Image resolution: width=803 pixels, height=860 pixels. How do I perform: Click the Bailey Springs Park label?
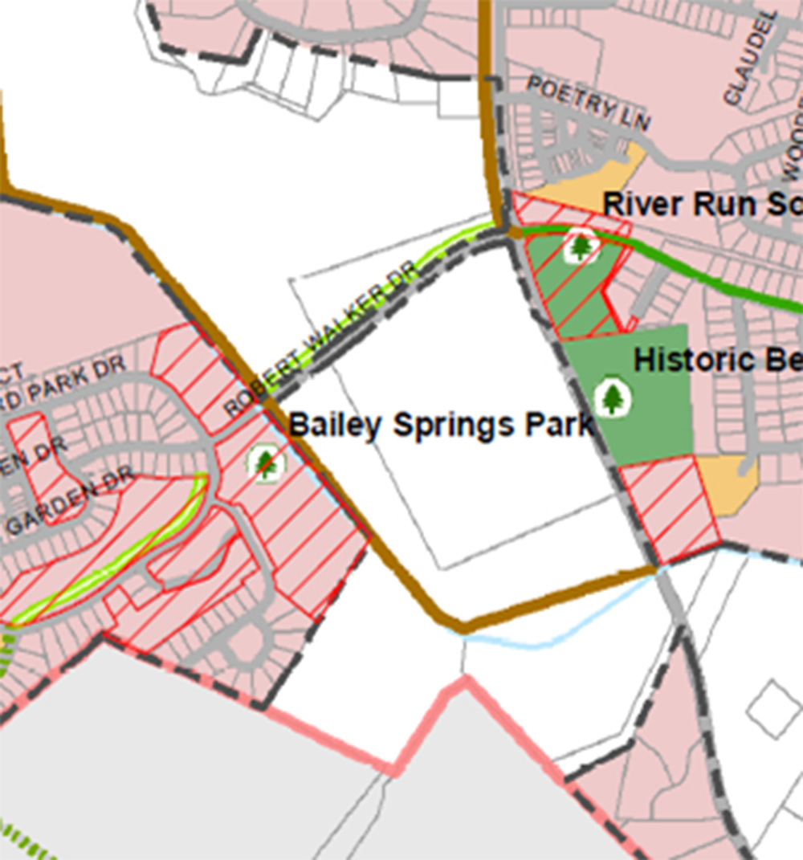pyautogui.click(x=441, y=425)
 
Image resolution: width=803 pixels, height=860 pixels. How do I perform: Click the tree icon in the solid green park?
pyautogui.click(x=613, y=397)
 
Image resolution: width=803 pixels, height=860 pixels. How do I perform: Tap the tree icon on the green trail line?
pyautogui.click(x=581, y=245)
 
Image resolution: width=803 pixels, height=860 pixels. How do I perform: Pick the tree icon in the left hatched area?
pyautogui.click(x=266, y=463)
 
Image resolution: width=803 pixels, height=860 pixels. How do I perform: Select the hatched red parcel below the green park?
pyautogui.click(x=668, y=511)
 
